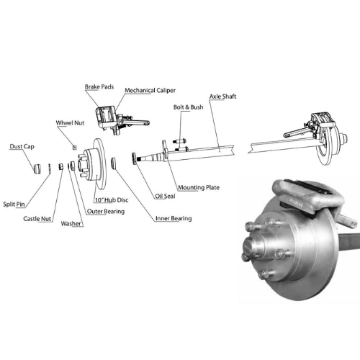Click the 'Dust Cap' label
pos(22,146)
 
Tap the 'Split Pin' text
pos(14,204)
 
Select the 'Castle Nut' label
pos(37,219)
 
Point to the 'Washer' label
pos(71,223)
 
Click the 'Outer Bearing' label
pos(106,212)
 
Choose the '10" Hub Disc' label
pos(112,200)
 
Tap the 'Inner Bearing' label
pos(174,218)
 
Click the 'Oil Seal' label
pos(165,196)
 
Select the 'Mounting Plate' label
pos(199,187)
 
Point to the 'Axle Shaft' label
pos(222,96)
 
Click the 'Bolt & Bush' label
pos(189,107)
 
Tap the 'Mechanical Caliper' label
pos(150,91)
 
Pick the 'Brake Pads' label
pos(99,87)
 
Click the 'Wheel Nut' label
pos(70,123)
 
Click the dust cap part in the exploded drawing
pos(37,168)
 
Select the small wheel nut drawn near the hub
pos(75,148)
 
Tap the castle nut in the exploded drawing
pos(61,166)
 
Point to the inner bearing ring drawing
pos(114,163)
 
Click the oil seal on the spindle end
pos(134,158)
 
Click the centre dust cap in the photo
pos(252,247)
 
